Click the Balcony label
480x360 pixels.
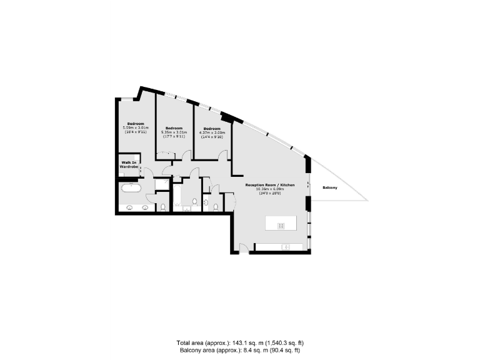(331, 187)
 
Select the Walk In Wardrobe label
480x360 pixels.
(129, 166)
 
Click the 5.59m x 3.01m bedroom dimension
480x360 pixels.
(136, 128)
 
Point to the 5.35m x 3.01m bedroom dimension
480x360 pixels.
(174, 132)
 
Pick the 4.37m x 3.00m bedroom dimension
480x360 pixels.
(212, 132)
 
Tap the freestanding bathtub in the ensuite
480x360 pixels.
(131, 187)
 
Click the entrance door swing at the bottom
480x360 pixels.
(244, 247)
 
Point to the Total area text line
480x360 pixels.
(240, 343)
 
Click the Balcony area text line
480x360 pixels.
(240, 351)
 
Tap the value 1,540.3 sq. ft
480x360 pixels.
(282, 343)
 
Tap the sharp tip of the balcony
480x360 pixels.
(367, 200)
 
